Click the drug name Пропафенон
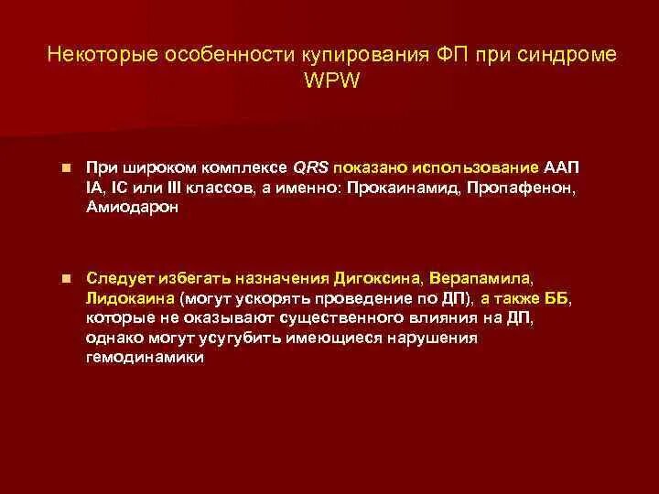point(520,188)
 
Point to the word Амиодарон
point(134,208)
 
